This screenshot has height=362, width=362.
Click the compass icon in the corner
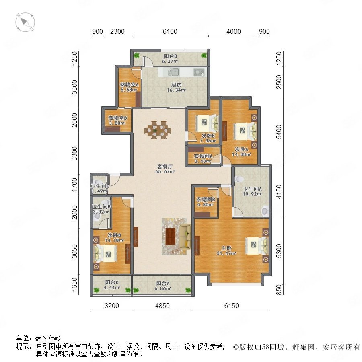(x=25, y=22)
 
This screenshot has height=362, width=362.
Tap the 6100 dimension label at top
(x=170, y=31)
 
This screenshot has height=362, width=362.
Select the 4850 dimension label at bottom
(x=162, y=306)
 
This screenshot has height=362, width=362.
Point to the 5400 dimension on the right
(x=279, y=132)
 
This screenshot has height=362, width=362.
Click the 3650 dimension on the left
(x=74, y=251)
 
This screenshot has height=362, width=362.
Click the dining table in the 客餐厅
(x=157, y=130)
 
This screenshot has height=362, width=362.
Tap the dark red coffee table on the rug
(x=171, y=236)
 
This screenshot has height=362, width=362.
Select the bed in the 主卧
(x=257, y=245)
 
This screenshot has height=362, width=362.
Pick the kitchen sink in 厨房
(x=173, y=72)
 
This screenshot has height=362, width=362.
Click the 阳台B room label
(x=171, y=56)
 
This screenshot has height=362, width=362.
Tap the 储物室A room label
(x=129, y=85)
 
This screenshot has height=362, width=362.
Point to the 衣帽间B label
(x=206, y=199)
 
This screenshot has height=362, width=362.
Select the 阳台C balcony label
(x=112, y=282)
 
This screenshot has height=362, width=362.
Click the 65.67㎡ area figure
(x=165, y=171)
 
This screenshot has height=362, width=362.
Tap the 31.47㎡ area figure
(x=226, y=253)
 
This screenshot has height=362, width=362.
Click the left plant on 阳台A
(x=136, y=290)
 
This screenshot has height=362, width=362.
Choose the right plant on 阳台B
(x=204, y=56)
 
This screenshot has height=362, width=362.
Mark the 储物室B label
(x=117, y=118)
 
